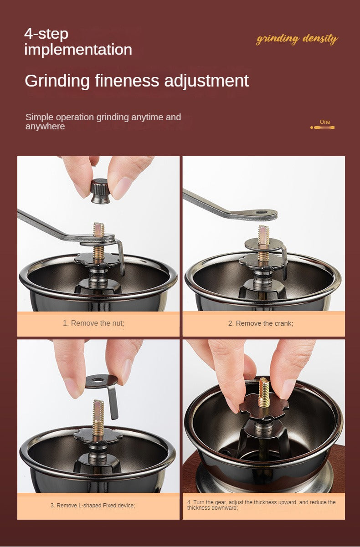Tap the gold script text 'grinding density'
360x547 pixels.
coord(297,39)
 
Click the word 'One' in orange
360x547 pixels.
coord(325,122)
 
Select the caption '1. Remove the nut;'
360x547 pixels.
coord(93,323)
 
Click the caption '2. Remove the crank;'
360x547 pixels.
coord(261,323)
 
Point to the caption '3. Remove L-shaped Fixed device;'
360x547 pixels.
coord(93,505)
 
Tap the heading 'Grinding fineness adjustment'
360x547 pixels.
coord(137,81)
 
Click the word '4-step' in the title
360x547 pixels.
coord(46,34)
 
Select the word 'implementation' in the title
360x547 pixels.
coord(78,50)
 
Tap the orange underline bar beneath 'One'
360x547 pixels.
coord(322,128)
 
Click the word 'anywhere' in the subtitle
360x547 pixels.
coord(45,127)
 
